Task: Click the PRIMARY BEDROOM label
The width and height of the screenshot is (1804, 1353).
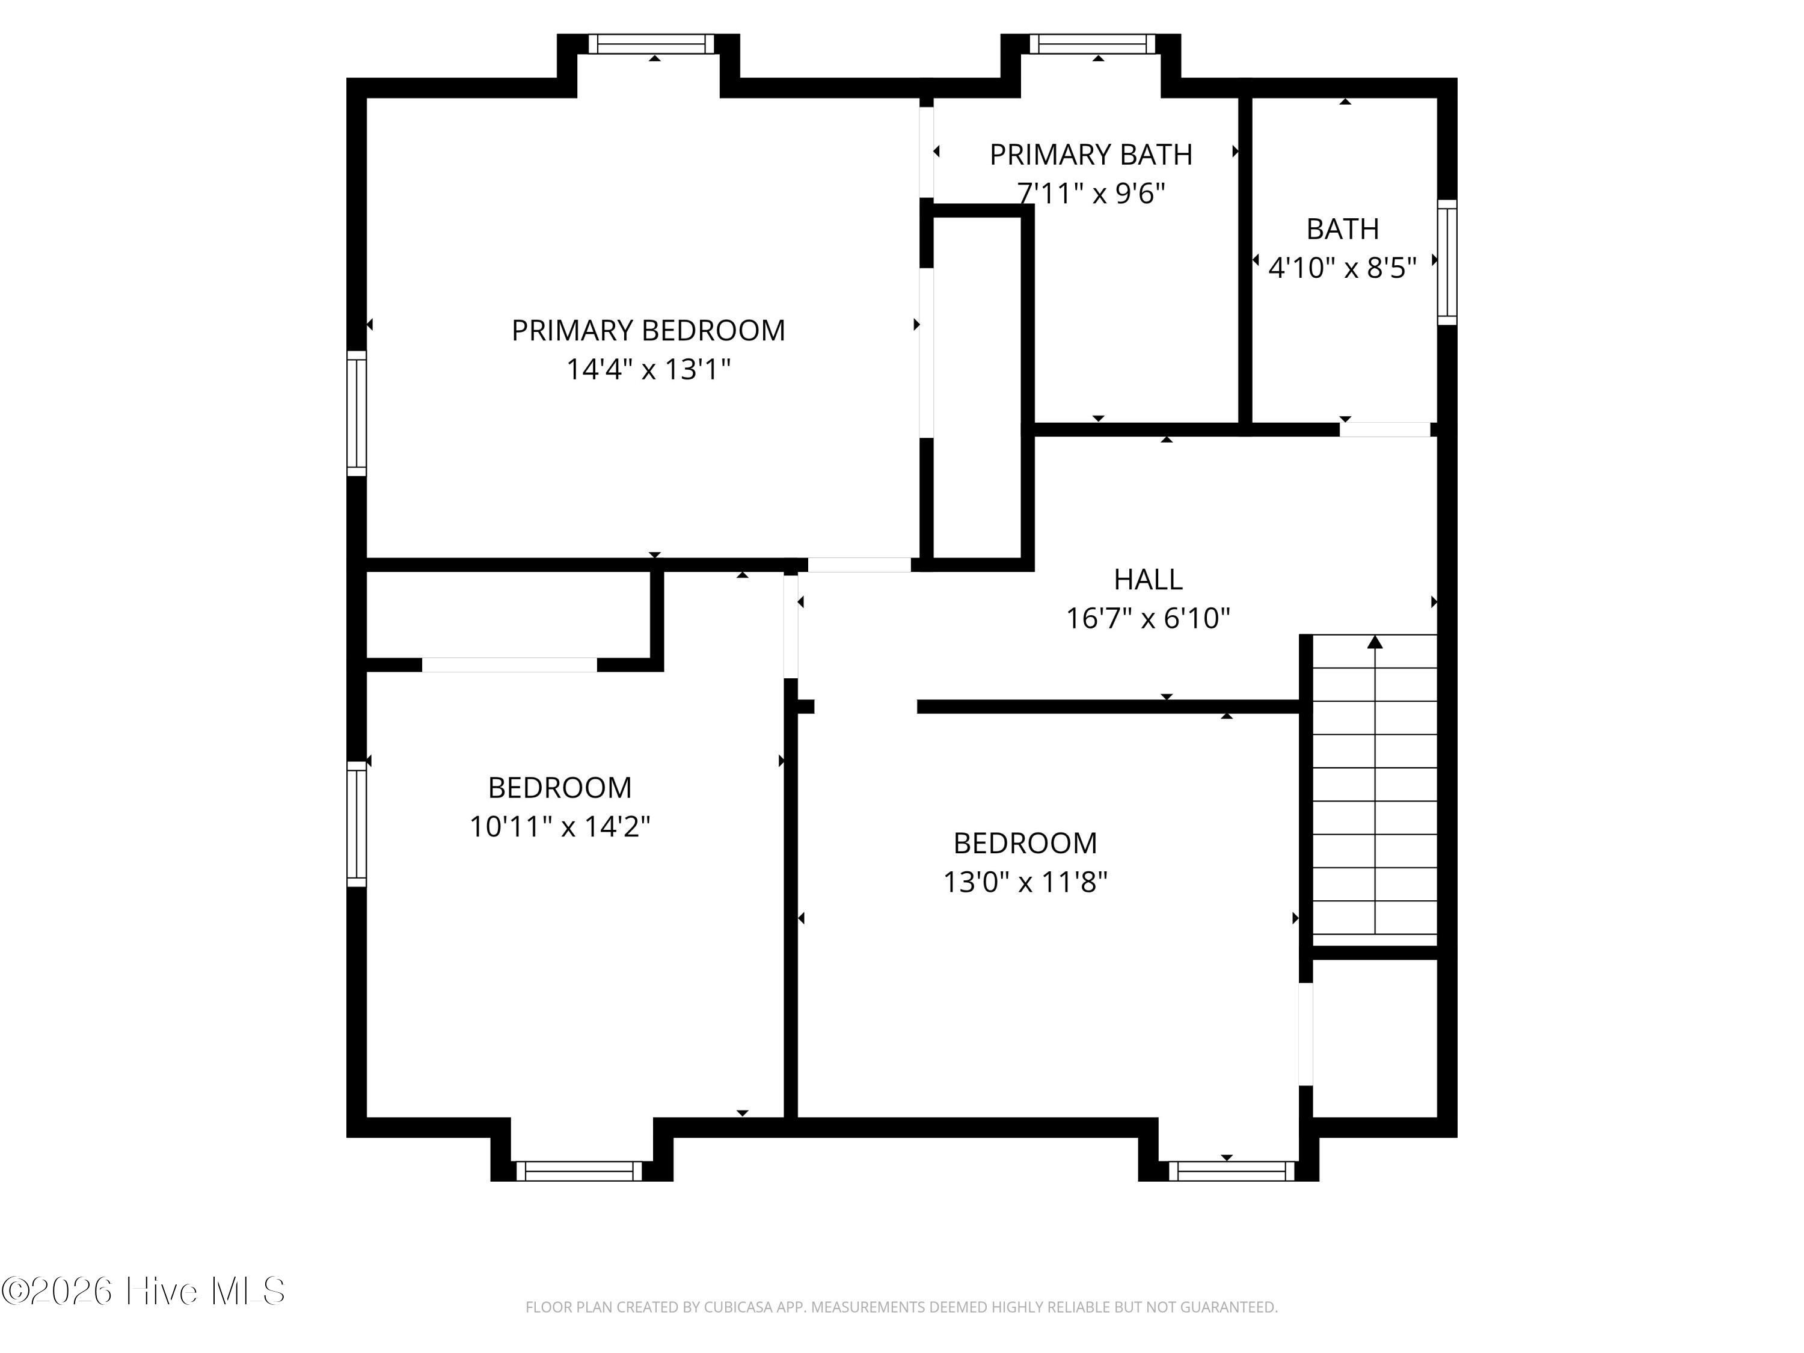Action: pyautogui.click(x=648, y=330)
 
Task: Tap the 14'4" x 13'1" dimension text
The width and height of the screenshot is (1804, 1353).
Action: pyautogui.click(x=648, y=369)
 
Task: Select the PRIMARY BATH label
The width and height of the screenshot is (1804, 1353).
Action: pyautogui.click(x=1091, y=154)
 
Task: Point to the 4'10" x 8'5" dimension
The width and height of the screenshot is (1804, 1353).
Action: pyautogui.click(x=1342, y=268)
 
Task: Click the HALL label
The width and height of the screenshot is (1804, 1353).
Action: pyautogui.click(x=1149, y=579)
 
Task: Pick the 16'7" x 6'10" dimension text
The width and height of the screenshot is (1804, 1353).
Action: pyautogui.click(x=1149, y=618)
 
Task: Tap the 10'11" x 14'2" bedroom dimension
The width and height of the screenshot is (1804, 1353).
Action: pyautogui.click(x=559, y=827)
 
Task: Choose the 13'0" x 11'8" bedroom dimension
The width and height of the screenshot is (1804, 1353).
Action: pyautogui.click(x=1025, y=882)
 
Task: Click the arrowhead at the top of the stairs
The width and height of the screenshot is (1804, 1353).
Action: pyautogui.click(x=1375, y=642)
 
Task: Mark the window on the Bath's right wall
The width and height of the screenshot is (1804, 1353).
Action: pyautogui.click(x=1447, y=262)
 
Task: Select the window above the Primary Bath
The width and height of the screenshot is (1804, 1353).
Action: pyautogui.click(x=1093, y=44)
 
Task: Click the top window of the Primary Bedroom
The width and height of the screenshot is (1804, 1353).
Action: pyautogui.click(x=652, y=44)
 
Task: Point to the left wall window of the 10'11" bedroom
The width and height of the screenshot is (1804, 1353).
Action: pyautogui.click(x=357, y=824)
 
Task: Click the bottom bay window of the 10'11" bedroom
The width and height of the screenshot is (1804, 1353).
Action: pyautogui.click(x=579, y=1171)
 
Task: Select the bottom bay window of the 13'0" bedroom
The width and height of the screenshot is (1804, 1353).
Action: pyautogui.click(x=1232, y=1171)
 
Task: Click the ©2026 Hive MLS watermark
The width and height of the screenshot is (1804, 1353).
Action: pyautogui.click(x=144, y=1291)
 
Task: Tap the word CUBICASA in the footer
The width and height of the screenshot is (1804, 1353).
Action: pyautogui.click(x=740, y=1307)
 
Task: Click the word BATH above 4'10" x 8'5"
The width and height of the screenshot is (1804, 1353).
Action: pyautogui.click(x=1342, y=229)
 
